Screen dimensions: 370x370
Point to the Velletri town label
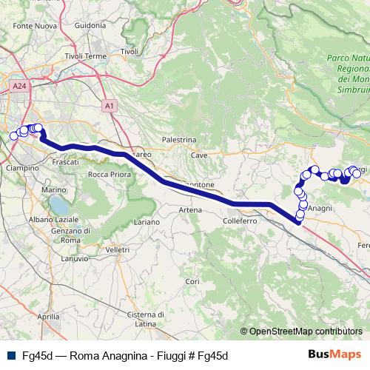pyautogui.click(x=118, y=251)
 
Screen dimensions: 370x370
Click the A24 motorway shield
pyautogui.click(x=19, y=87)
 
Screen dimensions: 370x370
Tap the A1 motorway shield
pyautogui.click(x=109, y=107)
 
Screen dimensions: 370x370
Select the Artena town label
pyautogui.click(x=190, y=210)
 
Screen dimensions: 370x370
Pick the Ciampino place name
pyautogui.click(x=22, y=168)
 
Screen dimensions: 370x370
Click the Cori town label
pyautogui.click(x=192, y=281)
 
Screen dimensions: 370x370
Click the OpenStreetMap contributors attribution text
pyautogui.click(x=306, y=332)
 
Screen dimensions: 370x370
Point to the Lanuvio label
pyautogui.click(x=74, y=258)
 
